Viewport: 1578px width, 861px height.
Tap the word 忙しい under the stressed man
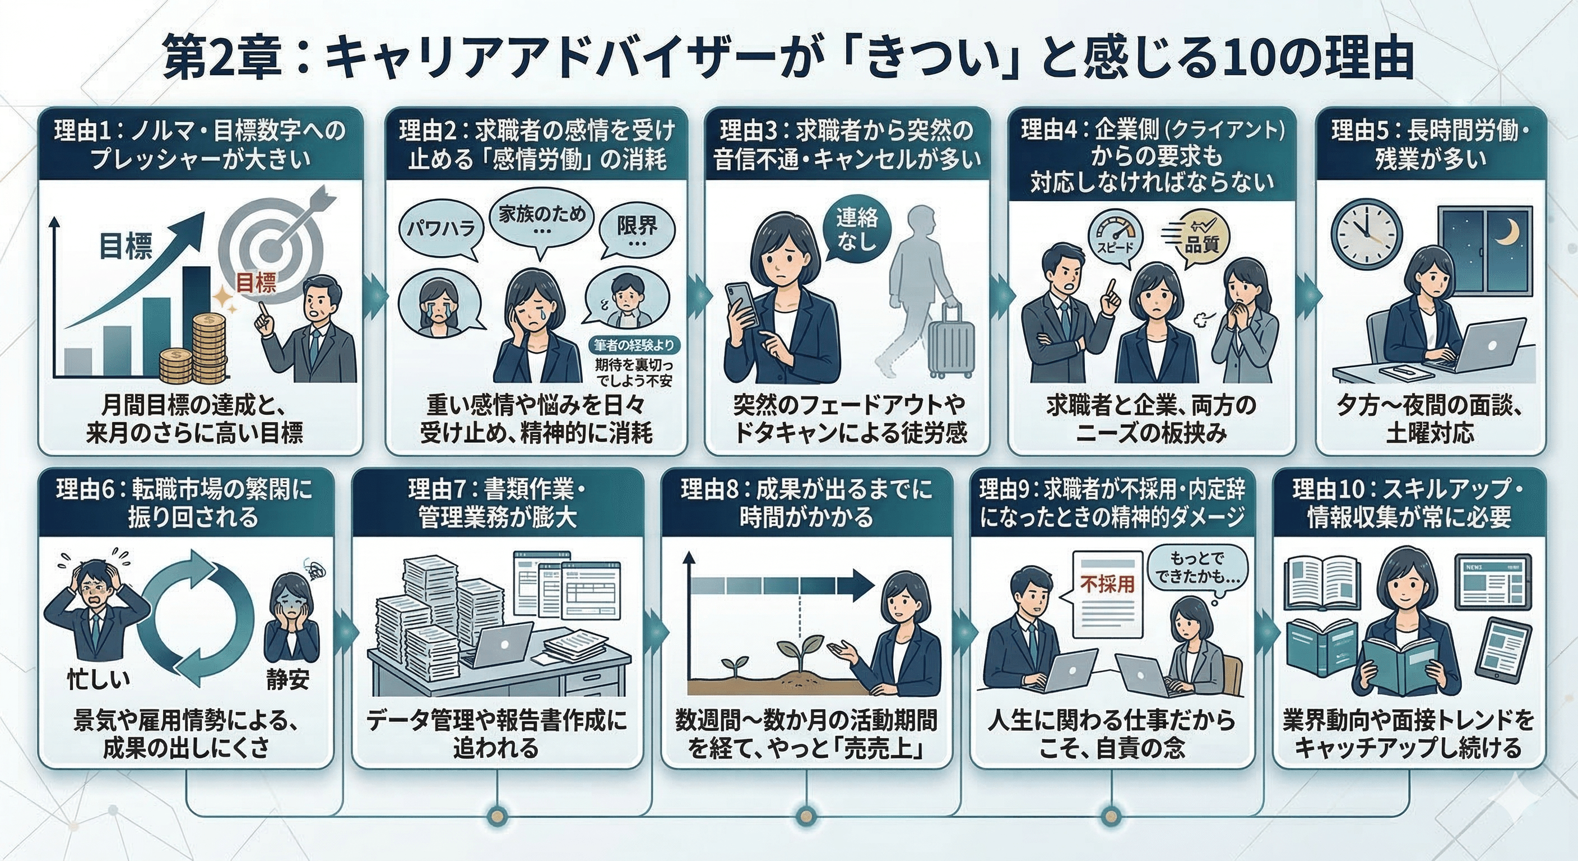click(x=99, y=679)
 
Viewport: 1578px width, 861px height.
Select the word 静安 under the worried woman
click(x=287, y=679)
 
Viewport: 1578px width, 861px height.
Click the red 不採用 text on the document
click(x=1107, y=584)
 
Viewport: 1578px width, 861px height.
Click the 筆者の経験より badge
click(x=633, y=345)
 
